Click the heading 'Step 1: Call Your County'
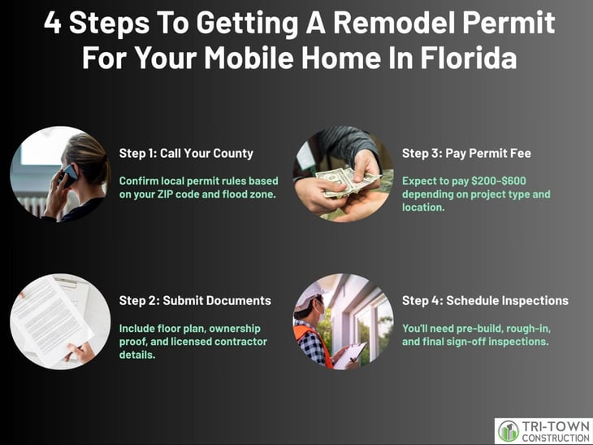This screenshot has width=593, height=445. (x=186, y=154)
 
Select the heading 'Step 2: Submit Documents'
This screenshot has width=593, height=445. (x=195, y=301)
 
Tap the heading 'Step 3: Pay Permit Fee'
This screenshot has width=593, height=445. (x=466, y=154)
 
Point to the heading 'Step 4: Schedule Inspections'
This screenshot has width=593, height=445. (x=485, y=301)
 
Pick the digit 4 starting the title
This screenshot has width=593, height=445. (x=53, y=23)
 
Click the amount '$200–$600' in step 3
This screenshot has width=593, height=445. (x=499, y=181)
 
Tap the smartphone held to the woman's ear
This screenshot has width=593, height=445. (x=68, y=175)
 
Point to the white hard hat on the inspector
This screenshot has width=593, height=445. (x=309, y=297)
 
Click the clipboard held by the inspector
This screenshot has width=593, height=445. (x=350, y=355)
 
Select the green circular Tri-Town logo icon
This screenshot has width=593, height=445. (x=509, y=431)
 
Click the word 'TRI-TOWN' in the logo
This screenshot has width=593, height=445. (x=556, y=427)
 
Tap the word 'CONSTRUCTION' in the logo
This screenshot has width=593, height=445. (x=556, y=438)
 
